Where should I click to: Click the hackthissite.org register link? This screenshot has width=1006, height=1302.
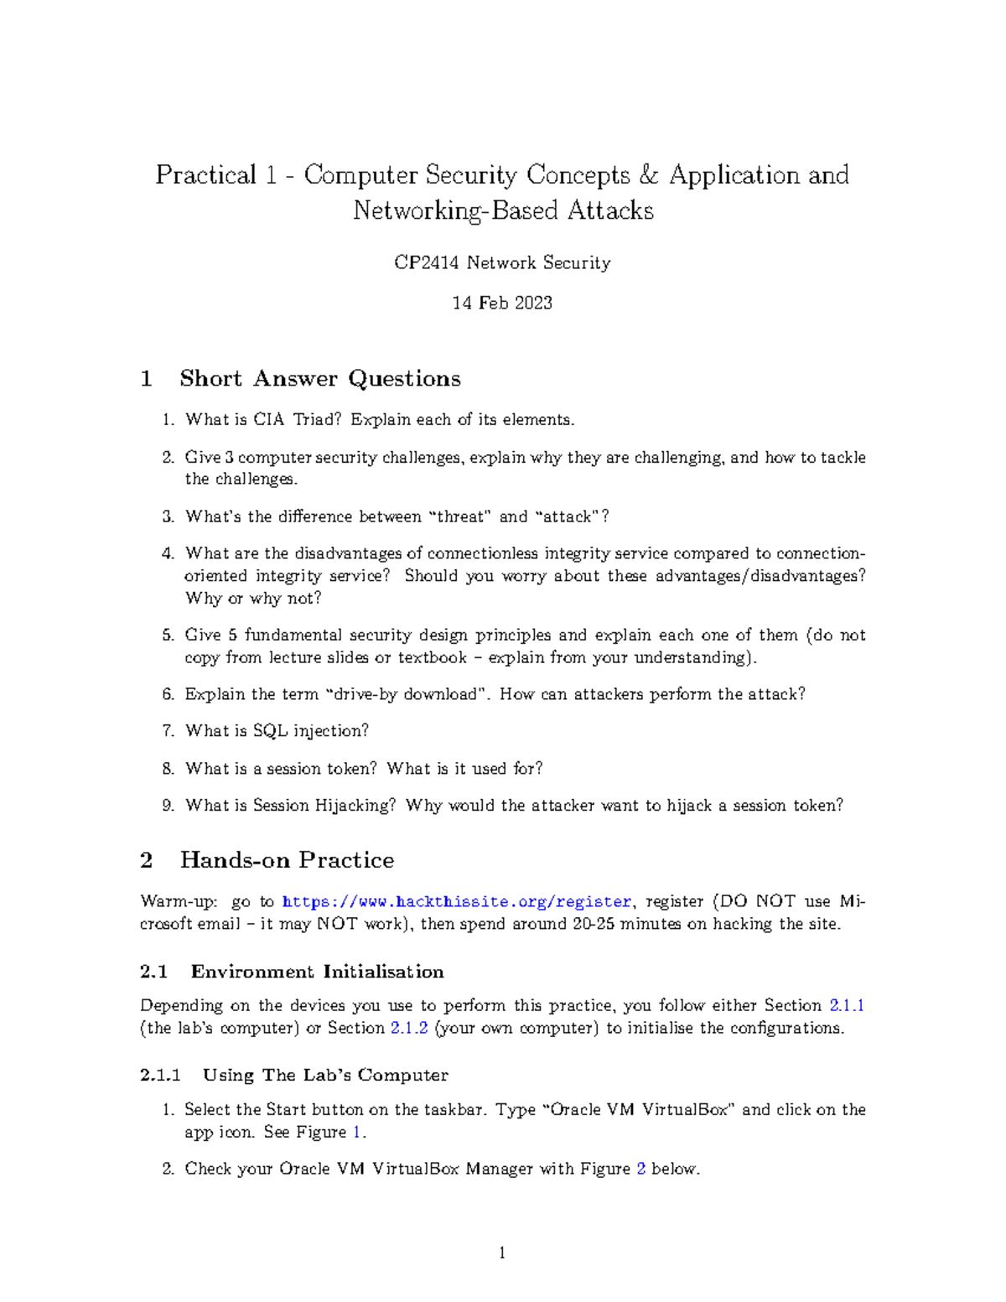(x=457, y=902)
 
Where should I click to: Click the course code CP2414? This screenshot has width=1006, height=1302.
(x=427, y=263)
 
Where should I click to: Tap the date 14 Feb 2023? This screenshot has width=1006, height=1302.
(x=502, y=303)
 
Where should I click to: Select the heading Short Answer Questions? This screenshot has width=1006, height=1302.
(x=319, y=379)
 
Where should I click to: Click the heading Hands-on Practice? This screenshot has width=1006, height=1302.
(x=287, y=861)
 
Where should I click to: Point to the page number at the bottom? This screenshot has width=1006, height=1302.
(x=502, y=1253)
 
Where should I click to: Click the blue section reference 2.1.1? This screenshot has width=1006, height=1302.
(x=846, y=1005)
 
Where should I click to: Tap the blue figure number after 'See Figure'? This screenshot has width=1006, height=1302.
(x=357, y=1132)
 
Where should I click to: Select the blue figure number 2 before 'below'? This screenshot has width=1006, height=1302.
(x=641, y=1169)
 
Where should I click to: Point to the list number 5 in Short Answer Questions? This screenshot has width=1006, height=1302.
(x=168, y=635)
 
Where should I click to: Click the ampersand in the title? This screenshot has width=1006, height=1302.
(x=649, y=175)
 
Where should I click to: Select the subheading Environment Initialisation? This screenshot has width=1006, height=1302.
(x=317, y=972)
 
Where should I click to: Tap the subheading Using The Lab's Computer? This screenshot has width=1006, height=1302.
(x=325, y=1076)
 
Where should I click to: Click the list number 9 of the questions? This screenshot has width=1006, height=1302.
(x=168, y=806)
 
